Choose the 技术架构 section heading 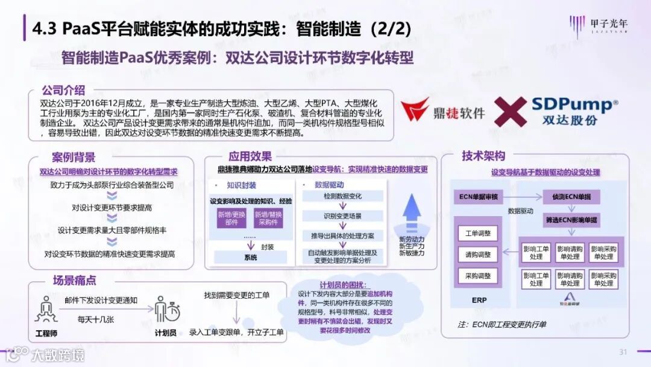(x=483, y=156)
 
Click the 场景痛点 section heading (x=74, y=280)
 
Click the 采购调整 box (x=478, y=276)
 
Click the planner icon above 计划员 (x=166, y=310)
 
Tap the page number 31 (x=623, y=352)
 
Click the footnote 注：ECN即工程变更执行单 (x=502, y=325)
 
